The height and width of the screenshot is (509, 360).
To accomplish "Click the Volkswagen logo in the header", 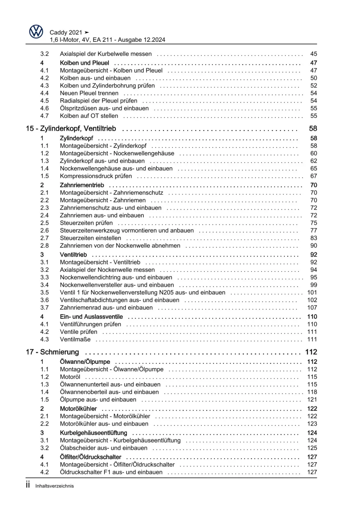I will pos(36,32).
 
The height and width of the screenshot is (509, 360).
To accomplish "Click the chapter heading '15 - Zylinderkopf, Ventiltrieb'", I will pos(71,129).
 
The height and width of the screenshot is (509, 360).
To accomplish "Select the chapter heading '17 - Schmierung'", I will pos(52,352).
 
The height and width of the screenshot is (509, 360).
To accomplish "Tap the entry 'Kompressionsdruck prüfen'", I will pos(96,176).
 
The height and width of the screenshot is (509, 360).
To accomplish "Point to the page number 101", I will pos(312,293).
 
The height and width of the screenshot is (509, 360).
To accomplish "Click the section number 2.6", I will pos(44,231).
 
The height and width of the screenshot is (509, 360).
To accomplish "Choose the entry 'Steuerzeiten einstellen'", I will pos(90,238).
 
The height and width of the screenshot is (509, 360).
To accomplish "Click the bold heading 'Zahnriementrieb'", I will pos(82,185).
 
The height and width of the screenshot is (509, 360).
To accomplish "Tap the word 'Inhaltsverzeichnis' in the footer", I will pos(54,486).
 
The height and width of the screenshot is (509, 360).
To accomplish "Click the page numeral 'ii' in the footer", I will pos(28,485).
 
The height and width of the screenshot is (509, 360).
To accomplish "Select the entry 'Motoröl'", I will pos(70,377).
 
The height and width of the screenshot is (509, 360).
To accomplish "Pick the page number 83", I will pos(314,238).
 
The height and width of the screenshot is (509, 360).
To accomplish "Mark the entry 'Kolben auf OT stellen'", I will pos(89,116).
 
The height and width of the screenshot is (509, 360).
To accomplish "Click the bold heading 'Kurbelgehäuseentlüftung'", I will pos(93,433).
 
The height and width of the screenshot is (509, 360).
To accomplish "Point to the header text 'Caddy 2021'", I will pos(66,32).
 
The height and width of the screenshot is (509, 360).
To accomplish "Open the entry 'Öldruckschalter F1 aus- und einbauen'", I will pos(111,472).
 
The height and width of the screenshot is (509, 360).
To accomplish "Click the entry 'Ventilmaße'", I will pos(75,339).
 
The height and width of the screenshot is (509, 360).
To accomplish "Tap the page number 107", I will pos(312,308).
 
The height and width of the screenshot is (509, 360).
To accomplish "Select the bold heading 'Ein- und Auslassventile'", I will pos(91,317).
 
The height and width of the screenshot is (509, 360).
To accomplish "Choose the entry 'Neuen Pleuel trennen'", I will pos(89,93).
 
